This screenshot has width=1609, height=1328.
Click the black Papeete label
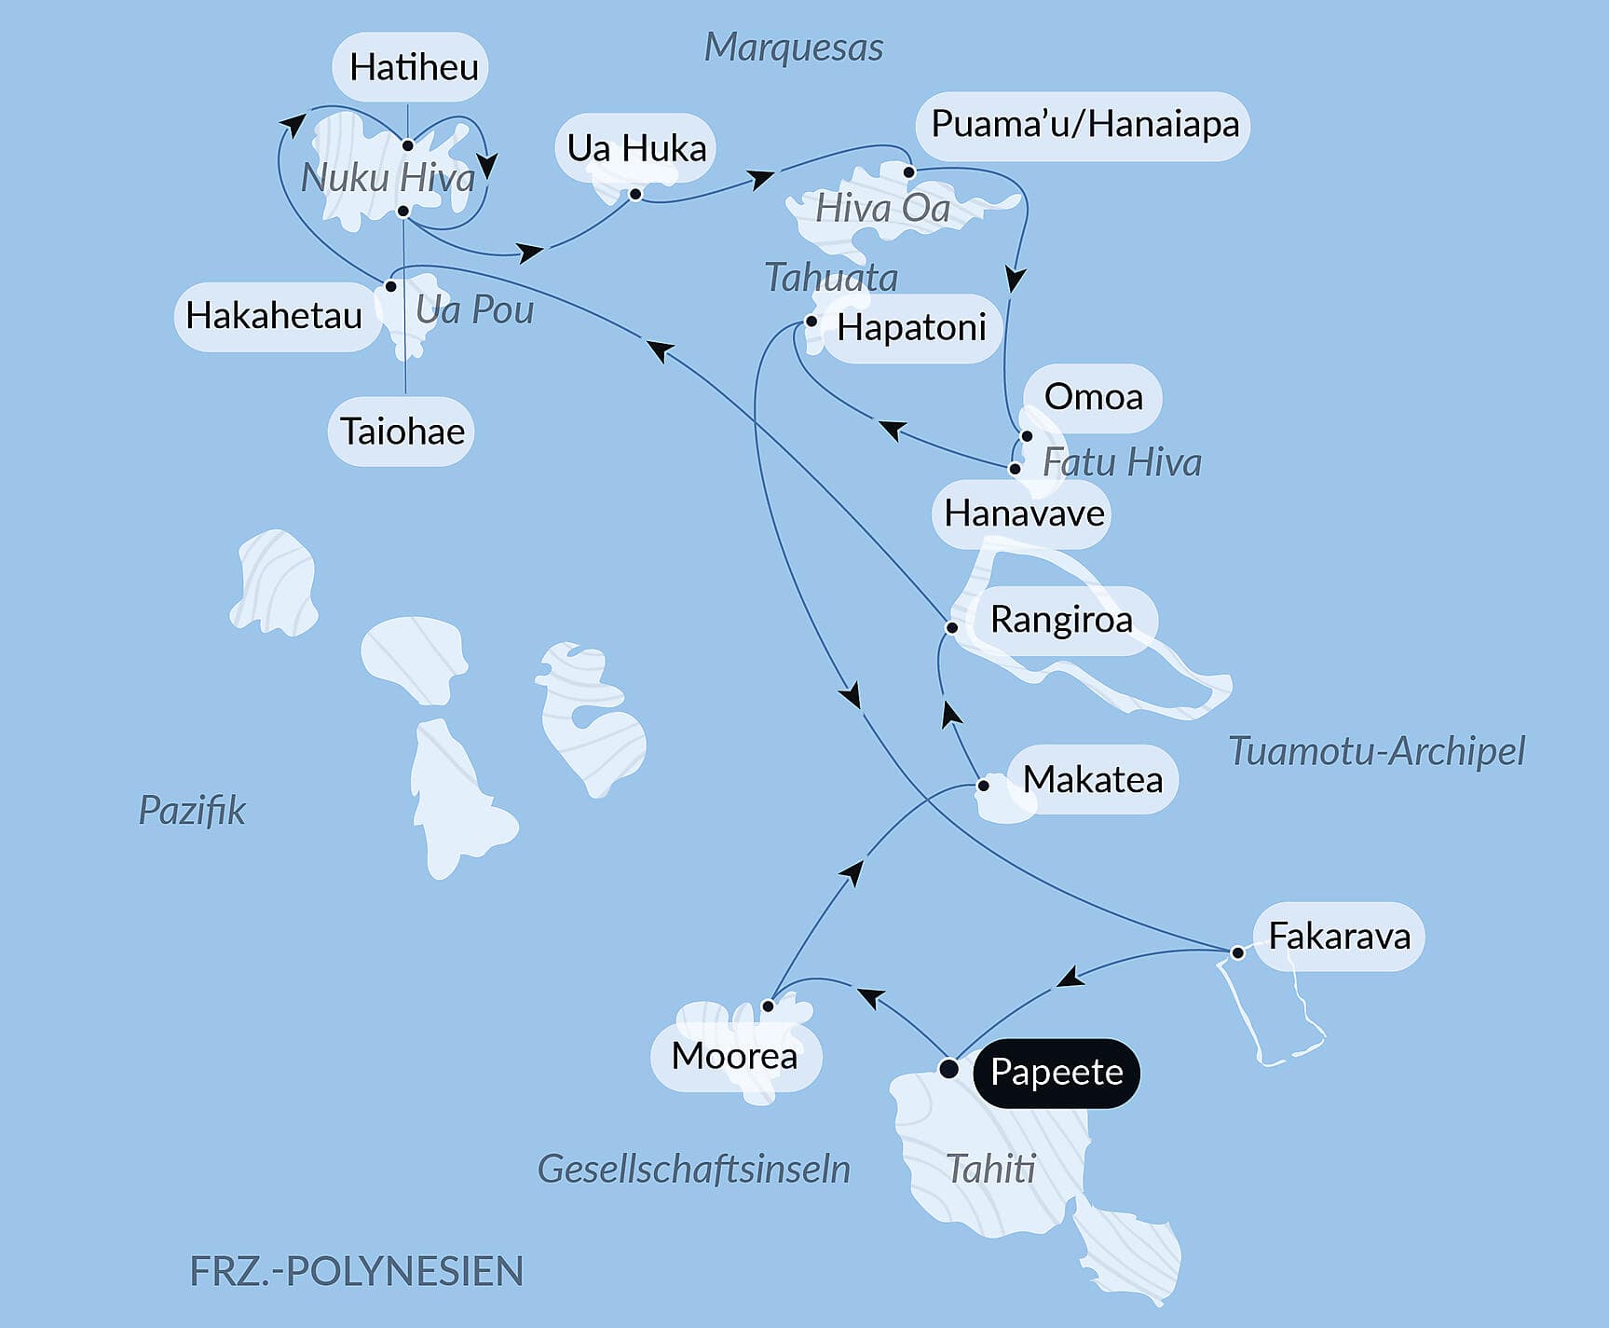click(x=1056, y=1073)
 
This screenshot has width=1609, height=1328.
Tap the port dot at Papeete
click(x=948, y=1069)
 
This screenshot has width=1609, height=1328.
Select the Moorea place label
click(x=734, y=1056)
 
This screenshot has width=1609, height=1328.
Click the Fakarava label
click(x=1339, y=937)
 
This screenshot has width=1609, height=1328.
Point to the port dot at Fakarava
click(x=1237, y=952)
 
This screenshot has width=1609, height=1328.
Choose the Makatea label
click(x=1092, y=780)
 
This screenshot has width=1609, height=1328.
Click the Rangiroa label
click(x=1060, y=620)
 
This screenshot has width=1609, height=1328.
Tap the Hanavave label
click(x=1023, y=513)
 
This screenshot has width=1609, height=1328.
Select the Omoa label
click(x=1093, y=397)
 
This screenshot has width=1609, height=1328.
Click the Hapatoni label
click(x=910, y=328)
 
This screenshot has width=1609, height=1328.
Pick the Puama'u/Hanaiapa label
click(x=1084, y=125)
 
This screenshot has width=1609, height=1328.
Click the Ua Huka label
click(x=636, y=148)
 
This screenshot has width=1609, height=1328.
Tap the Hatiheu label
click(x=413, y=67)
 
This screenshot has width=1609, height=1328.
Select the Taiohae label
click(x=402, y=431)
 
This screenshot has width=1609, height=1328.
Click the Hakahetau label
click(x=274, y=316)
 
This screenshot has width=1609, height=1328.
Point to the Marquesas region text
click(x=793, y=48)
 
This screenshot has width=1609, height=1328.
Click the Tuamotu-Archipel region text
click(x=1376, y=751)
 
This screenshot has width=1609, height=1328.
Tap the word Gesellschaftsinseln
click(x=694, y=1169)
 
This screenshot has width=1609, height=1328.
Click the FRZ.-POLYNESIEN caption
click(x=356, y=1271)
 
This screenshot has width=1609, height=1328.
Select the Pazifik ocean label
click(x=192, y=810)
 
